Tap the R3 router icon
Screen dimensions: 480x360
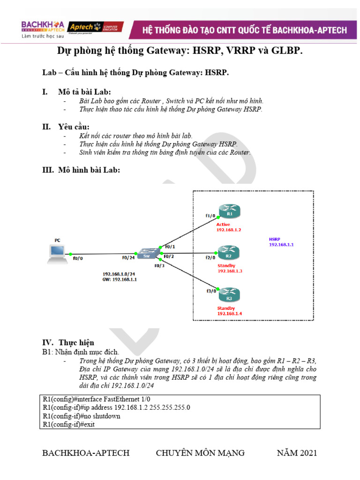[229, 296]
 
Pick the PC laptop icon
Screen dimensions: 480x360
[58, 254]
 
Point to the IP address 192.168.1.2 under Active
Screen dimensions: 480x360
[229, 230]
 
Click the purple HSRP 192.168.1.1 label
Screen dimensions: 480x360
[281, 242]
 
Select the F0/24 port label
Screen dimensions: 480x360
[129, 257]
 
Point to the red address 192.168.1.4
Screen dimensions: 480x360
[229, 313]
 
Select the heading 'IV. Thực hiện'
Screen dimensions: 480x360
[68, 343]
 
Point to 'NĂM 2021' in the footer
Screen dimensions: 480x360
[297, 453]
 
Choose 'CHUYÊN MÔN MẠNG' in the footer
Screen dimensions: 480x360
[200, 453]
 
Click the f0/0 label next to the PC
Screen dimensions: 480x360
[78, 257]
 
